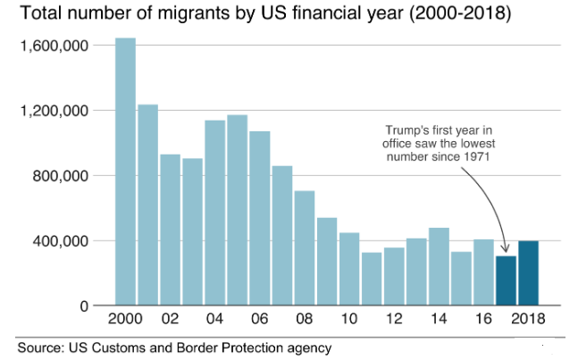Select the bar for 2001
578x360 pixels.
(x=148, y=205)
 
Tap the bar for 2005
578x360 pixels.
(x=237, y=210)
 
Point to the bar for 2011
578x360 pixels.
(x=372, y=279)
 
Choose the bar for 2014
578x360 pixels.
(x=439, y=267)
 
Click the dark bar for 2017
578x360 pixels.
(x=507, y=281)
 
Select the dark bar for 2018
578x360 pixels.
(x=529, y=273)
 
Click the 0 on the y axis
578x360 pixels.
(x=85, y=306)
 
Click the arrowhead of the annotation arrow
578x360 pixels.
(x=505, y=251)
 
